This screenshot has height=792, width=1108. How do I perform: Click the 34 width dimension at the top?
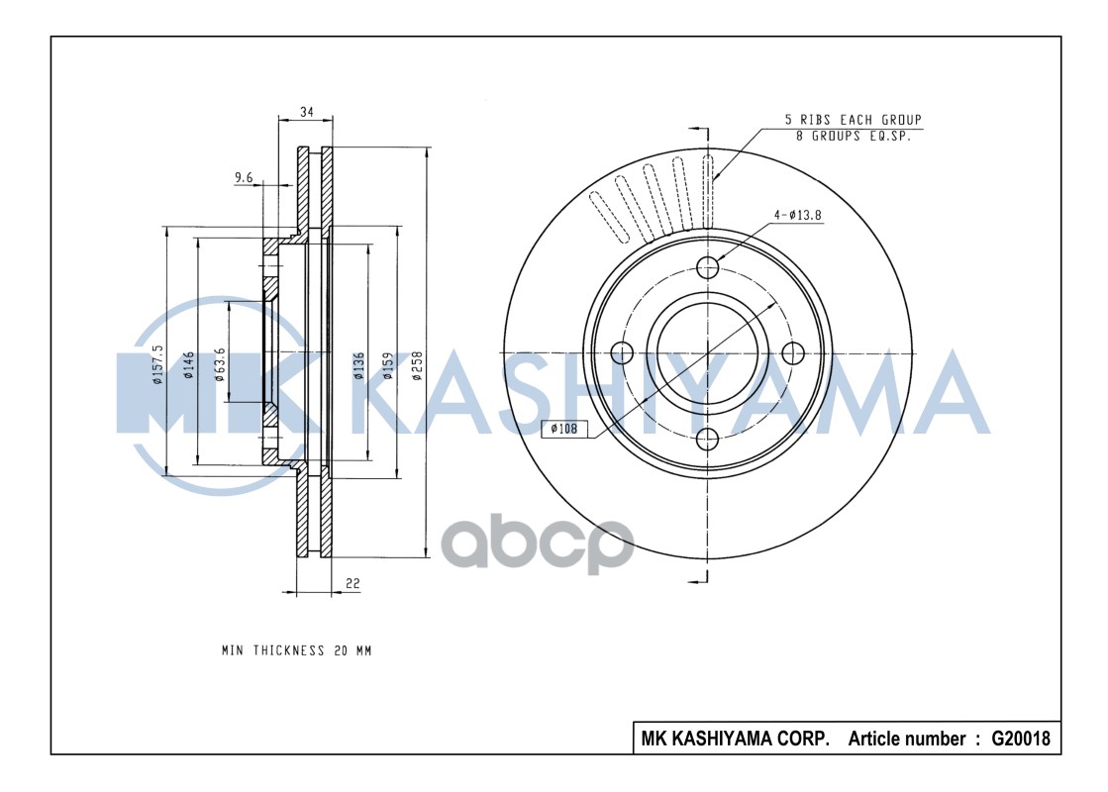click(x=306, y=113)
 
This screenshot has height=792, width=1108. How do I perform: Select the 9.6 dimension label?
click(x=244, y=178)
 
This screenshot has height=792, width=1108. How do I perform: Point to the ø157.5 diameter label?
click(x=157, y=363)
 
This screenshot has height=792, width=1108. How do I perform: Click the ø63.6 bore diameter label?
click(x=220, y=364)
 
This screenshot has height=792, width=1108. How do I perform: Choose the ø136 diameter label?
click(x=358, y=364)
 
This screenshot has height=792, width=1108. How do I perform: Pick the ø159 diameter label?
click(x=388, y=364)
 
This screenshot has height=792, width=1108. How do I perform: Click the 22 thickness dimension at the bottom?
click(x=352, y=584)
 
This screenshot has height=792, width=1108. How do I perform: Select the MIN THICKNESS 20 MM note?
click(x=296, y=651)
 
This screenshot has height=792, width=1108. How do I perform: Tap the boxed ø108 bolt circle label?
click(x=566, y=429)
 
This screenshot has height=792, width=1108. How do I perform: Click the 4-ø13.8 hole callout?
click(x=798, y=215)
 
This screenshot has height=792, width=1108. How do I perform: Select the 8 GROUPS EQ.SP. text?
click(x=853, y=136)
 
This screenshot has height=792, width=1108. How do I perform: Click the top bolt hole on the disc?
click(x=707, y=266)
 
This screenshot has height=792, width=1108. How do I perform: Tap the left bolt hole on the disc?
click(x=622, y=351)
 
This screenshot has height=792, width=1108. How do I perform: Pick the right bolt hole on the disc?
click(x=792, y=351)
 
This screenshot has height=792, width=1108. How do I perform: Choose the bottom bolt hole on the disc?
click(x=707, y=438)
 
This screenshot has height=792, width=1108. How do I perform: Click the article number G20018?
click(x=1020, y=739)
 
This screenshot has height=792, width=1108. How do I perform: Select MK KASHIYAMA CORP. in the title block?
click(x=736, y=739)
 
